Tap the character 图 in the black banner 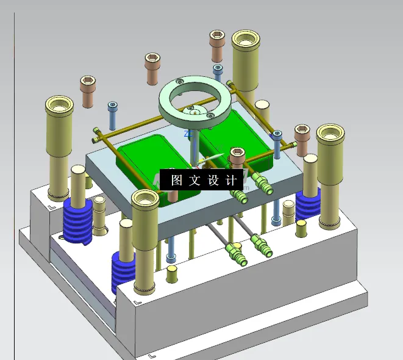[177, 180]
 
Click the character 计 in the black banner [230, 180]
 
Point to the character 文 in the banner [194, 180]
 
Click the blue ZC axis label [188, 133]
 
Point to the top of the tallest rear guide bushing [246, 40]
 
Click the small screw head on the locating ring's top [179, 80]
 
